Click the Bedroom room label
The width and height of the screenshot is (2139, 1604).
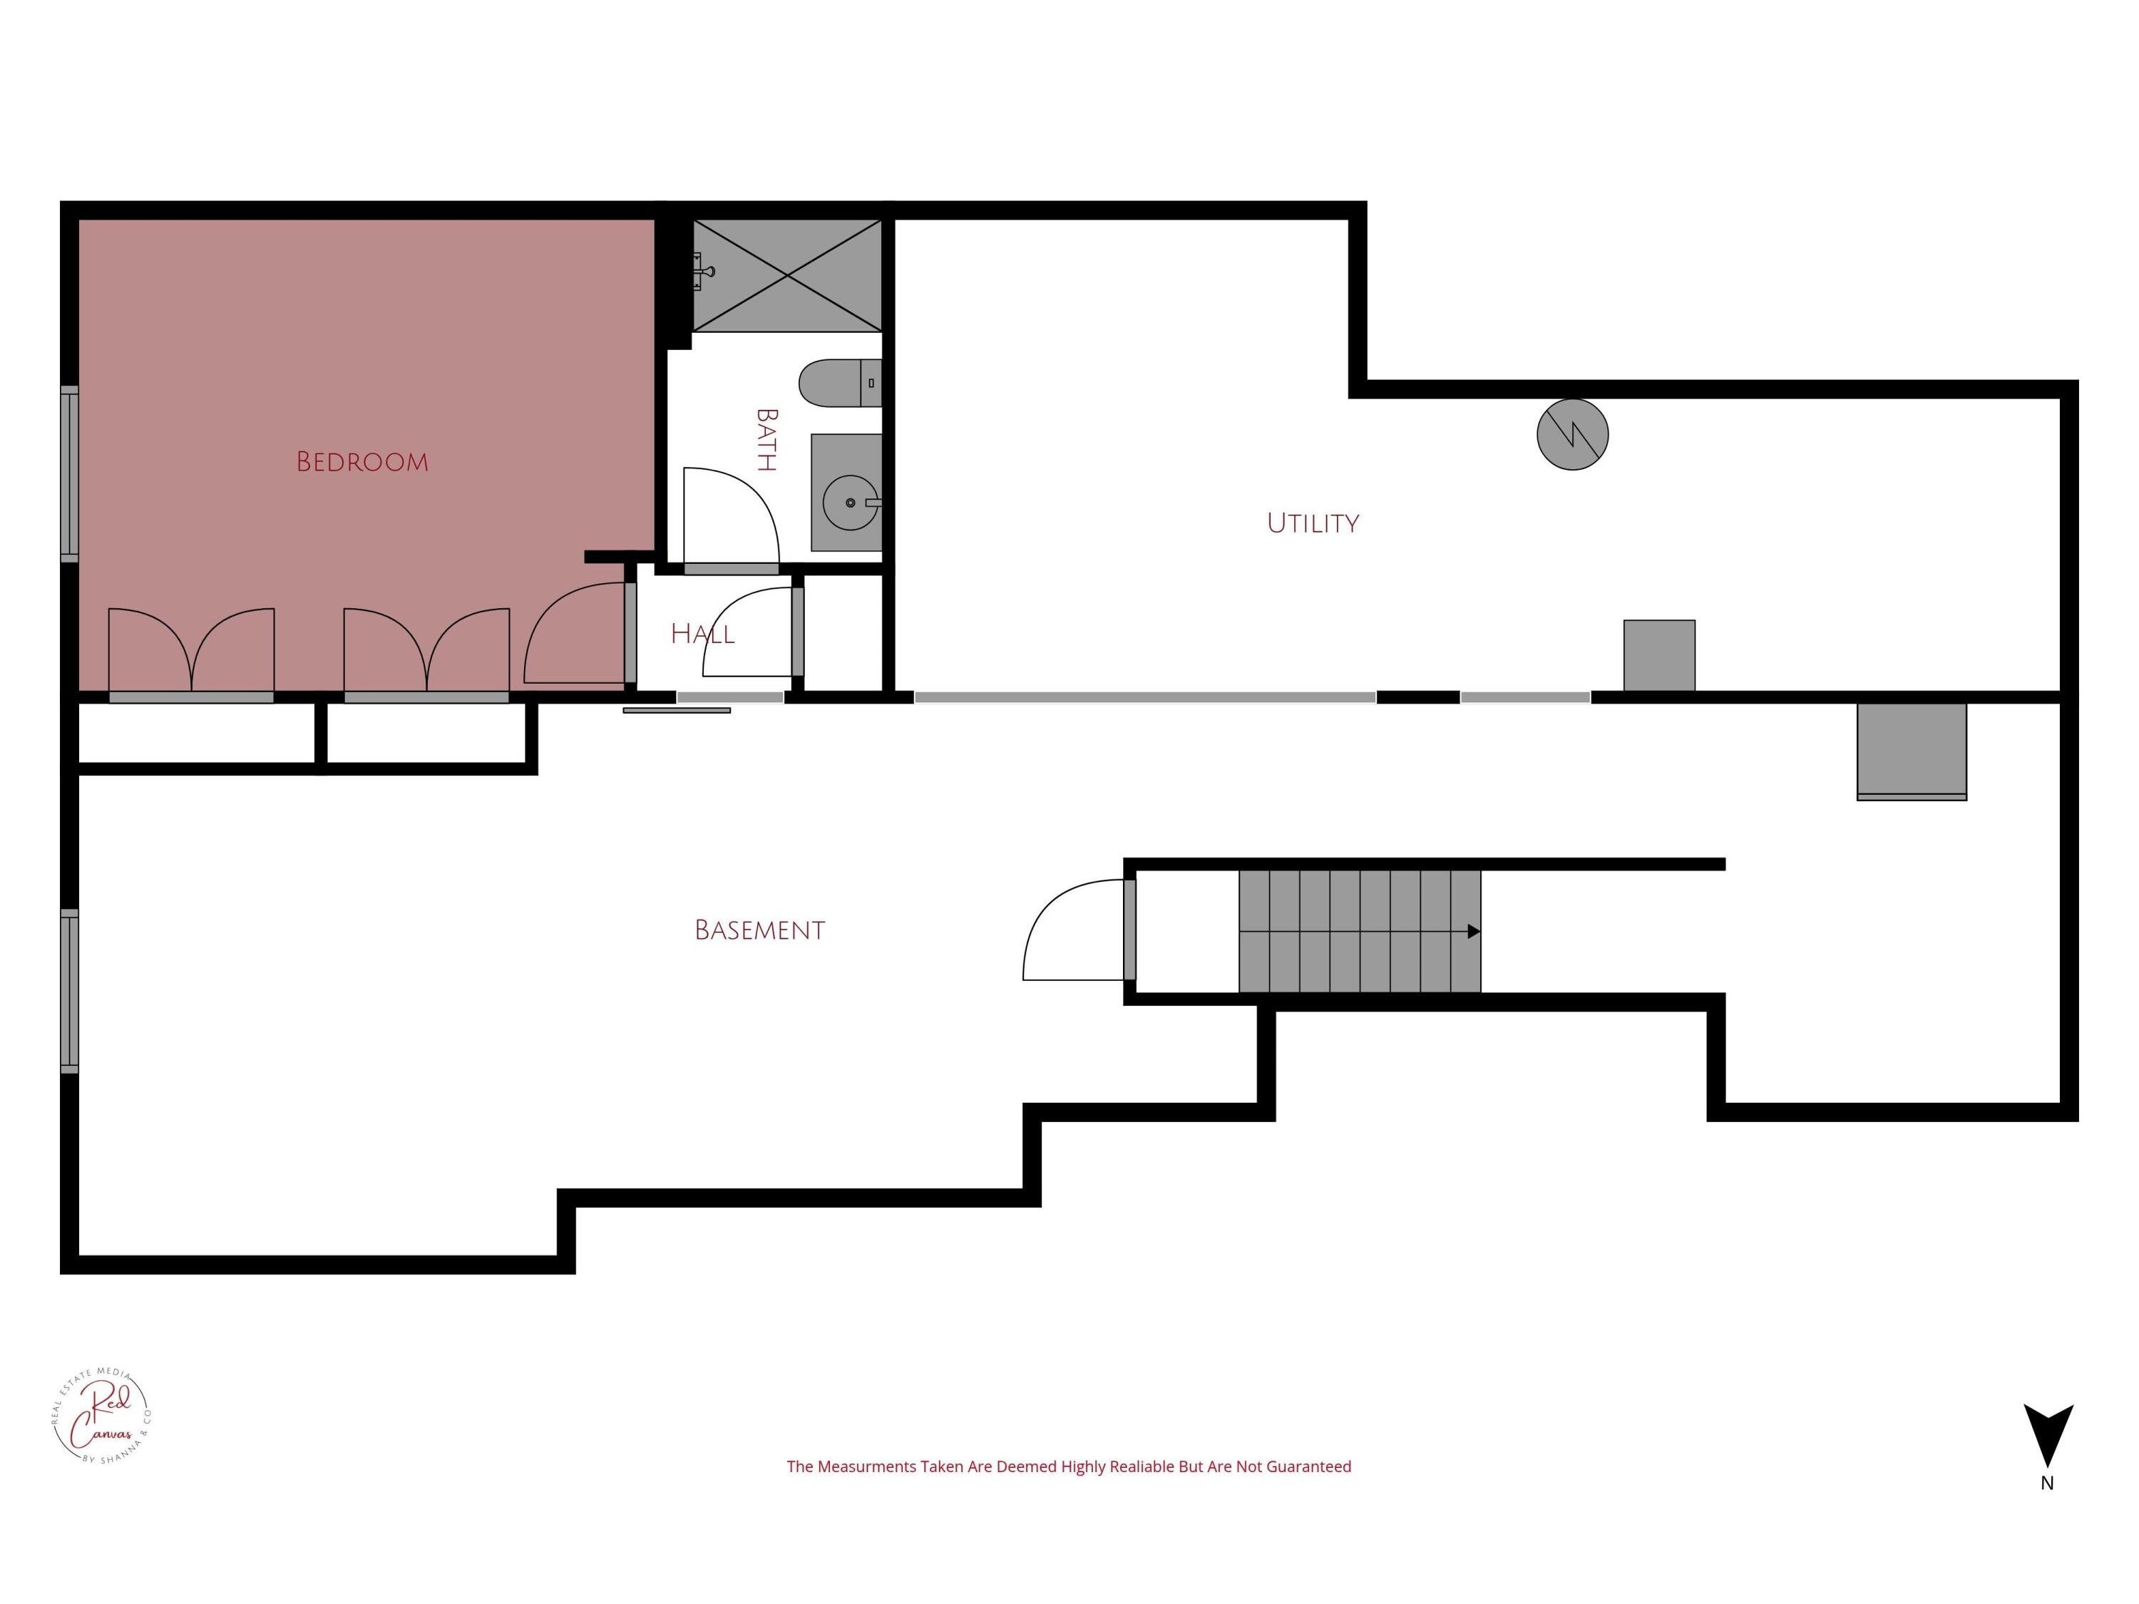(361, 462)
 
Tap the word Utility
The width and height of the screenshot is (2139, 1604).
(1312, 524)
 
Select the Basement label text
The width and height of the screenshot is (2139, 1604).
(759, 930)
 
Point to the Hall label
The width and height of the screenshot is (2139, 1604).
(702, 634)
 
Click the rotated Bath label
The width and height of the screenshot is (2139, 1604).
(766, 440)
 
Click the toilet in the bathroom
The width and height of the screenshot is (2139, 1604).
(838, 383)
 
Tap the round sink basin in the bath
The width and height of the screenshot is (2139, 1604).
(850, 503)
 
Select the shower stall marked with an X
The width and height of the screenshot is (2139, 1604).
(787, 276)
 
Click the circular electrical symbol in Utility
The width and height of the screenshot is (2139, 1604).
(1572, 435)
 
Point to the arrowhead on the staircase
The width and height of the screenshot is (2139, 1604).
(1473, 932)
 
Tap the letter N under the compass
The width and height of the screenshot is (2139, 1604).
(2047, 1483)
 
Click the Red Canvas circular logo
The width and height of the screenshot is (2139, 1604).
(101, 1416)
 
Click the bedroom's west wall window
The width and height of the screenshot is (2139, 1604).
(70, 474)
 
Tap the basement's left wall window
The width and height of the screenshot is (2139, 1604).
(70, 991)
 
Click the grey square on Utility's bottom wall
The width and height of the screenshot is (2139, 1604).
(1658, 656)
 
